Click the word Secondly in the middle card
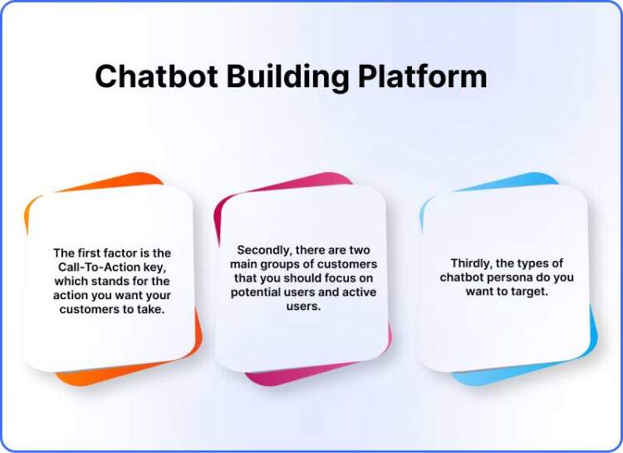click(x=262, y=249)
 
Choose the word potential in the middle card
click(x=258, y=292)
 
